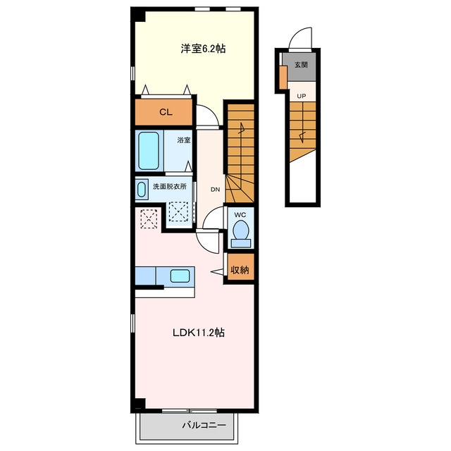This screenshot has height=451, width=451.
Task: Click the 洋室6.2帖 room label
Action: click(203, 49)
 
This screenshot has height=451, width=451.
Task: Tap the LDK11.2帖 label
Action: click(199, 333)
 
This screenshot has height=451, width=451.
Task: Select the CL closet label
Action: click(166, 112)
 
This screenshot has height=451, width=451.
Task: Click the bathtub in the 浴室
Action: click(149, 150)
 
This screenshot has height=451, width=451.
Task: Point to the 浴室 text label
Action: click(184, 140)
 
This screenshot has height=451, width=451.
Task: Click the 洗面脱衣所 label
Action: click(170, 186)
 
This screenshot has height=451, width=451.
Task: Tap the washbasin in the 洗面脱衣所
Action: click(141, 190)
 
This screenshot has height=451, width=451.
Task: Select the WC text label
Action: click(240, 215)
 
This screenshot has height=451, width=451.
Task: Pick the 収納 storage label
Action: click(240, 270)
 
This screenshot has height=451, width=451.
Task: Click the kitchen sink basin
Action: click(180, 276)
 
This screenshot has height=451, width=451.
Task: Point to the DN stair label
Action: click(215, 190)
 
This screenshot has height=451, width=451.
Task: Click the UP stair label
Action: click(302, 96)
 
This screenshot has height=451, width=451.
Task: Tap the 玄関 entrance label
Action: click(301, 65)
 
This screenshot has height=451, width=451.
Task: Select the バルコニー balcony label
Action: click(204, 425)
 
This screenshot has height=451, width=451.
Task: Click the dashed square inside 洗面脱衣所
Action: click(178, 211)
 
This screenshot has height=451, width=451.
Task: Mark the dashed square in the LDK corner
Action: click(149, 218)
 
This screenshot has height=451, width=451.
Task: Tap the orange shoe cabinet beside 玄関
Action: click(283, 78)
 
